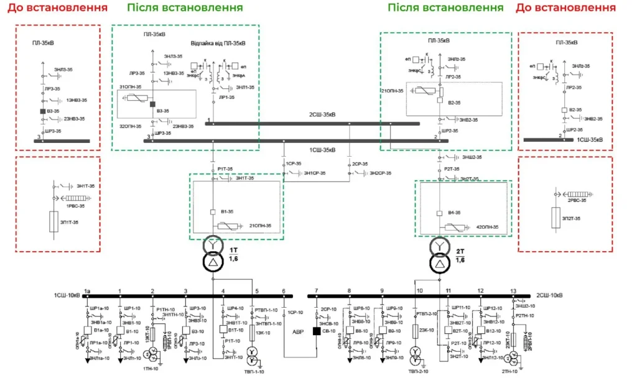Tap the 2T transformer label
pos(460,251)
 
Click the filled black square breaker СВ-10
pos(317,331)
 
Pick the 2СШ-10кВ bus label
pos(551,295)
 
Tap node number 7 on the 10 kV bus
pos(316,291)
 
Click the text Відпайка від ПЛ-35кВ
pos(218,44)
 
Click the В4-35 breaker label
pos(455,213)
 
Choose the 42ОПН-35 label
pos(486,227)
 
